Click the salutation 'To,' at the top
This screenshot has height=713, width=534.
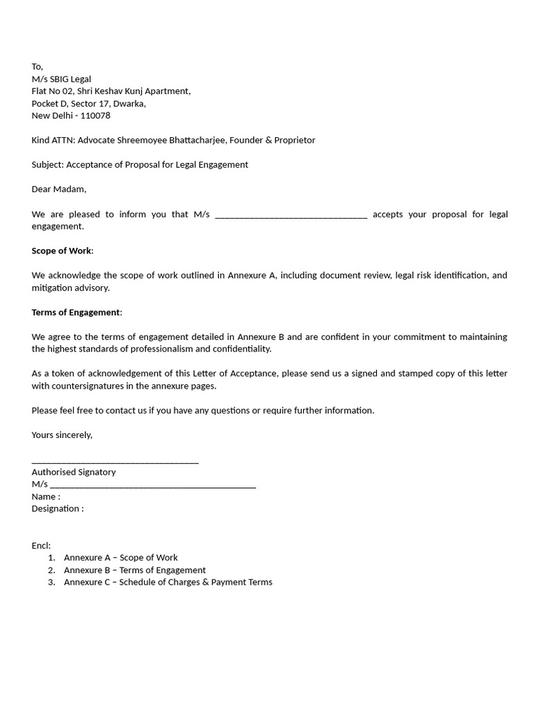[38, 67]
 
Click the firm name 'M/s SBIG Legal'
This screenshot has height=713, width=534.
[61, 79]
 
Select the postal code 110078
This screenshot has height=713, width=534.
[95, 116]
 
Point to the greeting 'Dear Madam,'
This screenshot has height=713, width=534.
[59, 189]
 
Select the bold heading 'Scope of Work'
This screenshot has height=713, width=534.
[61, 251]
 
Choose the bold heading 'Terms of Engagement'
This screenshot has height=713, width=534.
[76, 312]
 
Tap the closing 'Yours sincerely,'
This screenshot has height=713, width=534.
[62, 435]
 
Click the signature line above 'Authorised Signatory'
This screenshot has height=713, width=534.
[115, 461]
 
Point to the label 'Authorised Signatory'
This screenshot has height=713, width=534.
[74, 472]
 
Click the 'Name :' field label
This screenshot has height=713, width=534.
[46, 497]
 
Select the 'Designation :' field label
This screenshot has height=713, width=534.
[58, 509]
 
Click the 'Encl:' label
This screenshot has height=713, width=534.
[41, 546]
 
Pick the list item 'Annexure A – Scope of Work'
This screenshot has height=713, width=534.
[120, 558]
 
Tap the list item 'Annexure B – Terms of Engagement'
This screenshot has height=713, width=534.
[134, 570]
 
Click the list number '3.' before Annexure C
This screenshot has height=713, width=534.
[51, 582]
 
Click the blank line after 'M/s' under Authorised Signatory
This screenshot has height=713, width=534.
[153, 485]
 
